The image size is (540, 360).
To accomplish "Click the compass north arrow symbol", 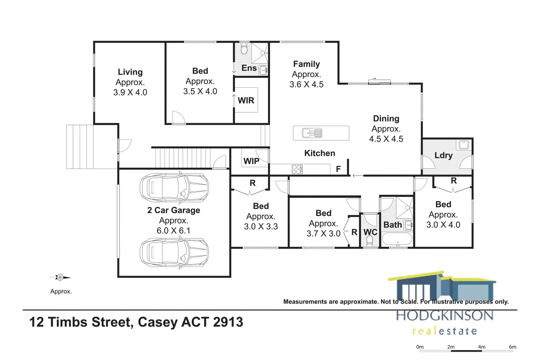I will click(x=60, y=277).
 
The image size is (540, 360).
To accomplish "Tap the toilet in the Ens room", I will click(x=244, y=49).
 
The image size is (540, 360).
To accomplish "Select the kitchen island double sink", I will click(x=312, y=133).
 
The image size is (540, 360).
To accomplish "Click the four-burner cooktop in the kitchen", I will click(x=297, y=169).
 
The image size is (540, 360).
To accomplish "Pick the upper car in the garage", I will click(x=174, y=188).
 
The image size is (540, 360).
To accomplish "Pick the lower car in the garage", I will click(x=174, y=253).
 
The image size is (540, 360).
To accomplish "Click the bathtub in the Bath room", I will click(x=397, y=239).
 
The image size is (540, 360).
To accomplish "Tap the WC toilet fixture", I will click(x=370, y=241).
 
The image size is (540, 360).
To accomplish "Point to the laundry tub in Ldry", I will click(x=464, y=145).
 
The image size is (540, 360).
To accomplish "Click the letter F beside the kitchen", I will click(x=338, y=169).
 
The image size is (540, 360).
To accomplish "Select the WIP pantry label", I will click(x=251, y=161).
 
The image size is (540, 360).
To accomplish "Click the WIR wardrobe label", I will click(x=246, y=100).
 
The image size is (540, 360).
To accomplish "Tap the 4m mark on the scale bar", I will click(x=482, y=347).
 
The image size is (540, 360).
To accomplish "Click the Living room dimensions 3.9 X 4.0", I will click(x=130, y=92).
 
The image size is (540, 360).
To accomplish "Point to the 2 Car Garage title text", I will click(x=174, y=210).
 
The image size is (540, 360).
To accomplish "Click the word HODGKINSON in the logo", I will click(x=445, y=316).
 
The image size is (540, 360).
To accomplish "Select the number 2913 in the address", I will click(x=228, y=322).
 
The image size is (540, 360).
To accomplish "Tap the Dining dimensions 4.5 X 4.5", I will click(x=386, y=139).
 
